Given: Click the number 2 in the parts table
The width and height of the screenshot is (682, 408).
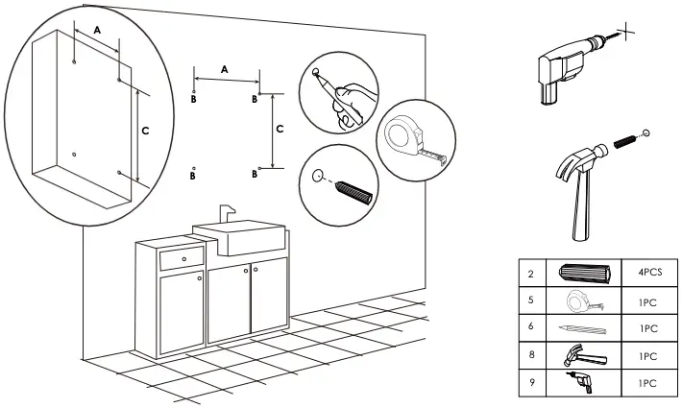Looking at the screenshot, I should (x=530, y=272).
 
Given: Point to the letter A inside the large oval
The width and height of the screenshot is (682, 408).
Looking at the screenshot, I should (x=97, y=31).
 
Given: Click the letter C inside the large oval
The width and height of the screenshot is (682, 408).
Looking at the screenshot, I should (x=145, y=130).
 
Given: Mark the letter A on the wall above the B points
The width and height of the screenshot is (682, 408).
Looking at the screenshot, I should (x=225, y=69).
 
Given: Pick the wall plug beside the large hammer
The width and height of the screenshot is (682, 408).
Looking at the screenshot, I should (x=624, y=144).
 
